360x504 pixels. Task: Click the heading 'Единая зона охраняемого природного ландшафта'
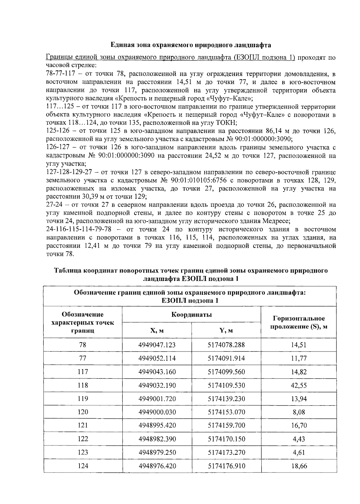[191, 45]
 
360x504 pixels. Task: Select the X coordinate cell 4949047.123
[157, 345]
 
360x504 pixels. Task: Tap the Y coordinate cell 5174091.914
[226, 358]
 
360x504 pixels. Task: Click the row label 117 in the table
[83, 372]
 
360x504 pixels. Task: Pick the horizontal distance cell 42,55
[298, 385]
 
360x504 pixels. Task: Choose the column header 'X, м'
[157, 331]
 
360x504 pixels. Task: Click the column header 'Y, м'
[226, 331]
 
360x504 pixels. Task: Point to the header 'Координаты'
[191, 315]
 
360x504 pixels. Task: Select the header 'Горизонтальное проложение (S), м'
[298, 322]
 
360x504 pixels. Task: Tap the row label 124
[83, 466]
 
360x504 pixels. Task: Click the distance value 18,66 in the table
[298, 466]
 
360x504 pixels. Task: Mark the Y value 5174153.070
[226, 412]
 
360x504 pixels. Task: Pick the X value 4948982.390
[157, 439]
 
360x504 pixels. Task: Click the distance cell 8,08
[298, 412]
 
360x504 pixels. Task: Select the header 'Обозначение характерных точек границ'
[83, 322]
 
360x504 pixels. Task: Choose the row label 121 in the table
[83, 426]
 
